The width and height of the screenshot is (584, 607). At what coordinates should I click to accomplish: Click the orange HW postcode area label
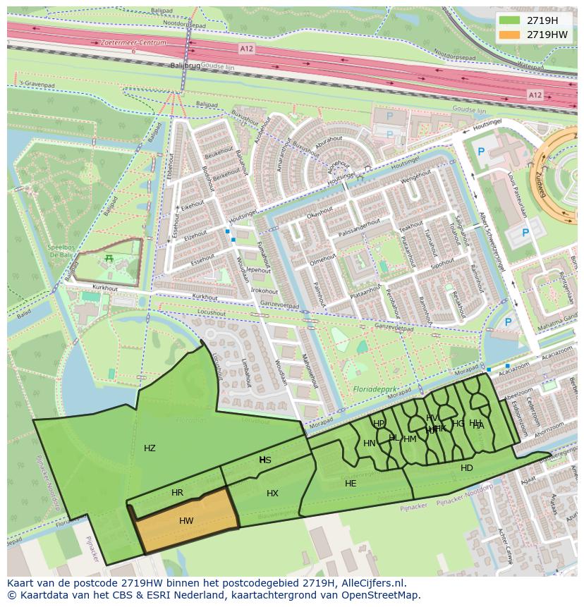(x=186, y=522)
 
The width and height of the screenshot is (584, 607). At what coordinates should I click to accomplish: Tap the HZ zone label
(x=150, y=448)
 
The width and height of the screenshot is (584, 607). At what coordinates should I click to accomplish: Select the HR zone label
(x=177, y=493)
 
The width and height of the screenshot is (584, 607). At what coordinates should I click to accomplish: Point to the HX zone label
(x=272, y=493)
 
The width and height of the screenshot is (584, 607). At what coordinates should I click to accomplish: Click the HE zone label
(x=351, y=484)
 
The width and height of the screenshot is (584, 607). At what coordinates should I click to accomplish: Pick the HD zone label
(x=467, y=468)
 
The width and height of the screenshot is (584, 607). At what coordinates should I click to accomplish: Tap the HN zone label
(x=370, y=443)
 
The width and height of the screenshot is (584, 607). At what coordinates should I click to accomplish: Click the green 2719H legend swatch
(x=509, y=20)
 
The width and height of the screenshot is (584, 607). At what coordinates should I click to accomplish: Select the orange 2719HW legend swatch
(x=509, y=35)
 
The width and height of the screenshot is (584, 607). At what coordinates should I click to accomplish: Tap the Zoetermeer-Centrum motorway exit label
(x=133, y=42)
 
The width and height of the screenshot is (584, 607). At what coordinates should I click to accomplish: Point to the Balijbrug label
(x=185, y=65)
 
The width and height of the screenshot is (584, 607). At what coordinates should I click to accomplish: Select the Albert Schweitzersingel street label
(x=492, y=242)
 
